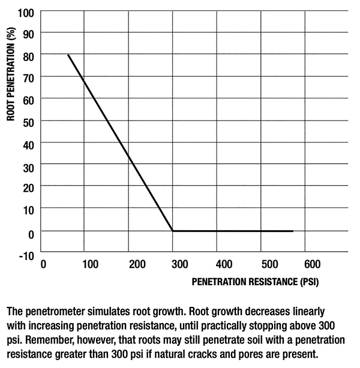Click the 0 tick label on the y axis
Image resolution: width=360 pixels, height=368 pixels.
(x=31, y=233)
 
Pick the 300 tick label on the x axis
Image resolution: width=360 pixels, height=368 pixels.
(x=179, y=264)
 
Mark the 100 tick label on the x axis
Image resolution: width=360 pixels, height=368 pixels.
(x=90, y=264)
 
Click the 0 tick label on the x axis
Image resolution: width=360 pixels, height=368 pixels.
(x=43, y=264)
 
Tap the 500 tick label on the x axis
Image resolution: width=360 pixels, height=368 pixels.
(x=269, y=264)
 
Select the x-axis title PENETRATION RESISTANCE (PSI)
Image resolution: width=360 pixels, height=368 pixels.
(x=247, y=280)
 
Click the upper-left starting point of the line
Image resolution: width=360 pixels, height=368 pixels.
(x=68, y=55)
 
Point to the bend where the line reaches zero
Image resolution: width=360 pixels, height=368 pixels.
(x=173, y=231)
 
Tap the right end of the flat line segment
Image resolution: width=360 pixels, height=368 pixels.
(x=293, y=231)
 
